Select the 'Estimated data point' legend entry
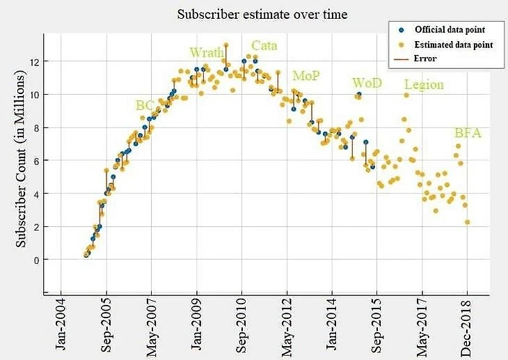pyautogui.click(x=453, y=45)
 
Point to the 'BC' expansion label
pyautogui.click(x=145, y=105)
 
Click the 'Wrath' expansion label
pyautogui.click(x=207, y=52)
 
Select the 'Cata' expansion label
pyautogui.click(x=264, y=46)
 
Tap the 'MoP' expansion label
pyautogui.click(x=306, y=75)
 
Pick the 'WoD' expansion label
pyautogui.click(x=367, y=83)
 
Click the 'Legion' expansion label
pyautogui.click(x=424, y=85)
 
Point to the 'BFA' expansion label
pyautogui.click(x=467, y=132)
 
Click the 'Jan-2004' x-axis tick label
pyautogui.click(x=61, y=327)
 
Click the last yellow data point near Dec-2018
pyautogui.click(x=467, y=222)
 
